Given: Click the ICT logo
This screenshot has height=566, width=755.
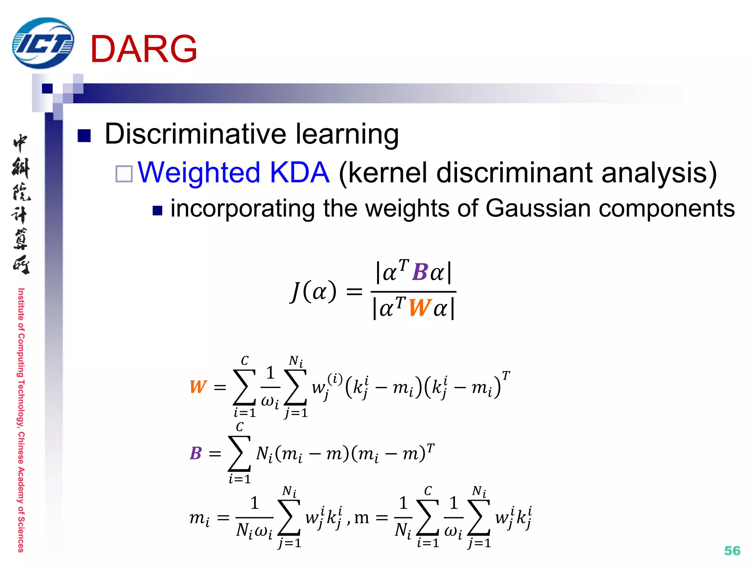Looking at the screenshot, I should [x=43, y=43].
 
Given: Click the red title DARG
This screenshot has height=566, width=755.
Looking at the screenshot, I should [x=143, y=49].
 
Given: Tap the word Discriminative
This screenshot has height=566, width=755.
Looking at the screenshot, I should [x=196, y=133].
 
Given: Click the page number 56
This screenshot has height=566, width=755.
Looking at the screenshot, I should [x=732, y=551].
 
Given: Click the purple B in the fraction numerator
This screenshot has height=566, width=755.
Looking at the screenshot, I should [x=420, y=272].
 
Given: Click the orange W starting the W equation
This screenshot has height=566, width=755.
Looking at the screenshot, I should [x=198, y=387].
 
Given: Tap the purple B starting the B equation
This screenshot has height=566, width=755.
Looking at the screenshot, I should [x=196, y=453].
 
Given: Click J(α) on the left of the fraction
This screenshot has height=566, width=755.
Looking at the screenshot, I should [x=313, y=291].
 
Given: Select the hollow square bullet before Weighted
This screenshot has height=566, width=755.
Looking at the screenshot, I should [x=124, y=174].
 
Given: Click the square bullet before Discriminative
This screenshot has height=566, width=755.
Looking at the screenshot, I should [x=84, y=136].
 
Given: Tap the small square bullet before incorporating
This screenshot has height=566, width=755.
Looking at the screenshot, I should [x=157, y=210].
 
